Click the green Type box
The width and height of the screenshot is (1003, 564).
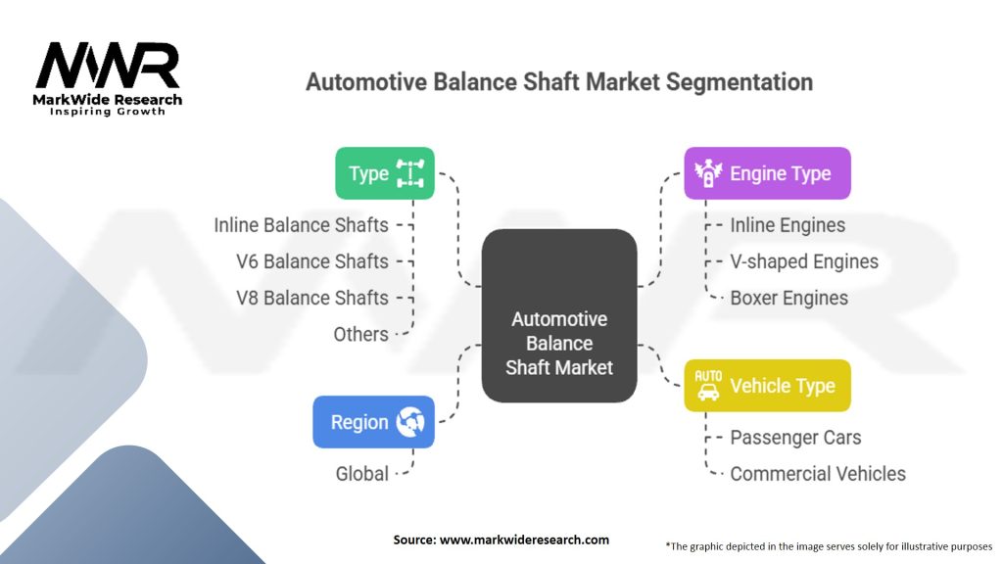click(x=384, y=173)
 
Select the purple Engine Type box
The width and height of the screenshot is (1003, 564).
click(x=767, y=173)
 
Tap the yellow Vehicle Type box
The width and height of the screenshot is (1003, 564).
click(x=767, y=386)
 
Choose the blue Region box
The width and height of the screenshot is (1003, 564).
click(x=373, y=422)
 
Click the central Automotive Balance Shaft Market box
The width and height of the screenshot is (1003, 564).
click(x=559, y=316)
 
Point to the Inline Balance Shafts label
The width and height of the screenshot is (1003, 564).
click(x=301, y=225)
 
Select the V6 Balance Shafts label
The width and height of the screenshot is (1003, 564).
click(x=312, y=261)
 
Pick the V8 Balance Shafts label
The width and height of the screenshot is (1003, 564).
click(x=312, y=298)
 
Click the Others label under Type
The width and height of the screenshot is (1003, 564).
click(x=360, y=335)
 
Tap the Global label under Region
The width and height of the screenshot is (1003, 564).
click(x=362, y=474)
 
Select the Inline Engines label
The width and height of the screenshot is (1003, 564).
click(x=788, y=225)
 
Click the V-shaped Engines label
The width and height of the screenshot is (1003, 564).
click(x=804, y=261)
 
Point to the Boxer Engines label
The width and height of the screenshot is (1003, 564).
click(x=788, y=298)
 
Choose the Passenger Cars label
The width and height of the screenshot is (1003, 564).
click(x=795, y=438)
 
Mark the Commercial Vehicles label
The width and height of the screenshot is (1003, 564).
click(x=818, y=474)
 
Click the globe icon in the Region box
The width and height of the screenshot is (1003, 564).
click(x=410, y=422)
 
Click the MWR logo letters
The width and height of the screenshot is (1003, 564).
click(x=108, y=66)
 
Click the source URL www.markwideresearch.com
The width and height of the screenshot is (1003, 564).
click(x=524, y=540)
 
